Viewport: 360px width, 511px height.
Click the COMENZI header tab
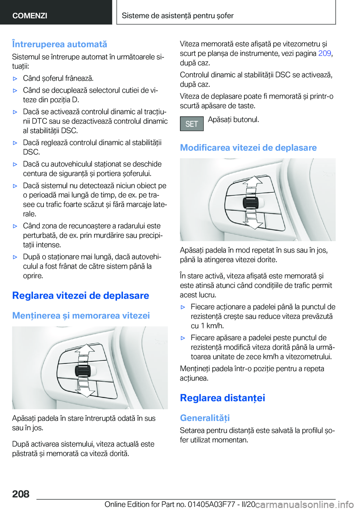pyautogui.click(x=30, y=15)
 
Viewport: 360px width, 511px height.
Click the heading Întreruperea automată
pyautogui.click(x=60, y=44)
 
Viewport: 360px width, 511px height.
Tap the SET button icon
pyautogui.click(x=192, y=124)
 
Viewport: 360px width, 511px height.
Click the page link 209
pyautogui.click(x=324, y=53)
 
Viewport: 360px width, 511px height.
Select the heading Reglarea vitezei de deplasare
pyautogui.click(x=81, y=296)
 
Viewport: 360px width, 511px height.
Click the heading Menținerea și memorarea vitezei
pyautogui.click(x=81, y=316)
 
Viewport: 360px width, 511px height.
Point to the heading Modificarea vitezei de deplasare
pyautogui.click(x=248, y=148)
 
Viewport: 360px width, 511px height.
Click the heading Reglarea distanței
pyautogui.click(x=222, y=398)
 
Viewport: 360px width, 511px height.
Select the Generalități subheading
pyautogui.click(x=205, y=418)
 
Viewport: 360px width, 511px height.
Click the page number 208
pyautogui.click(x=21, y=494)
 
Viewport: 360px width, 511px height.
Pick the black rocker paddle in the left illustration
pyautogui.click(x=83, y=371)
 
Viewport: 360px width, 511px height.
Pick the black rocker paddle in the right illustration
pyautogui.click(x=250, y=203)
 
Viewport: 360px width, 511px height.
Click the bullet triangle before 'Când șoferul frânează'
pyautogui.click(x=15, y=79)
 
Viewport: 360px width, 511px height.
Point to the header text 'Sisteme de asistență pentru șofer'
pyautogui.click(x=177, y=15)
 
